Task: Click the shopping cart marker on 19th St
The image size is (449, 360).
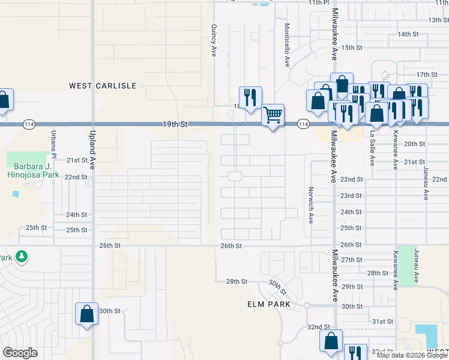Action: pos(273,114)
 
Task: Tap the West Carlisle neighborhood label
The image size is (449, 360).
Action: pos(103,86)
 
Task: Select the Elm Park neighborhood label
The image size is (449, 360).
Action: pos(269,304)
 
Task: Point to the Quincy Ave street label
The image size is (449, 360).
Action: pos(213,40)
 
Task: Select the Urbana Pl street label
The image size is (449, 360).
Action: pos(53,145)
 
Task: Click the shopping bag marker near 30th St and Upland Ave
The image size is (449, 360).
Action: pos(86,314)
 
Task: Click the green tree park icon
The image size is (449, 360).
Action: pos(22,257)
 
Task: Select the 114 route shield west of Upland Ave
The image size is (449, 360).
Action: pos(28,124)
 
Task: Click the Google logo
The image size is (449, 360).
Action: pos(20,353)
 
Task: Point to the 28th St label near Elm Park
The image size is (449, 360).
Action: pos(237,281)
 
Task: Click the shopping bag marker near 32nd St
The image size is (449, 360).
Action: pos(331,340)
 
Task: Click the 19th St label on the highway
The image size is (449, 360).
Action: pos(175,124)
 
